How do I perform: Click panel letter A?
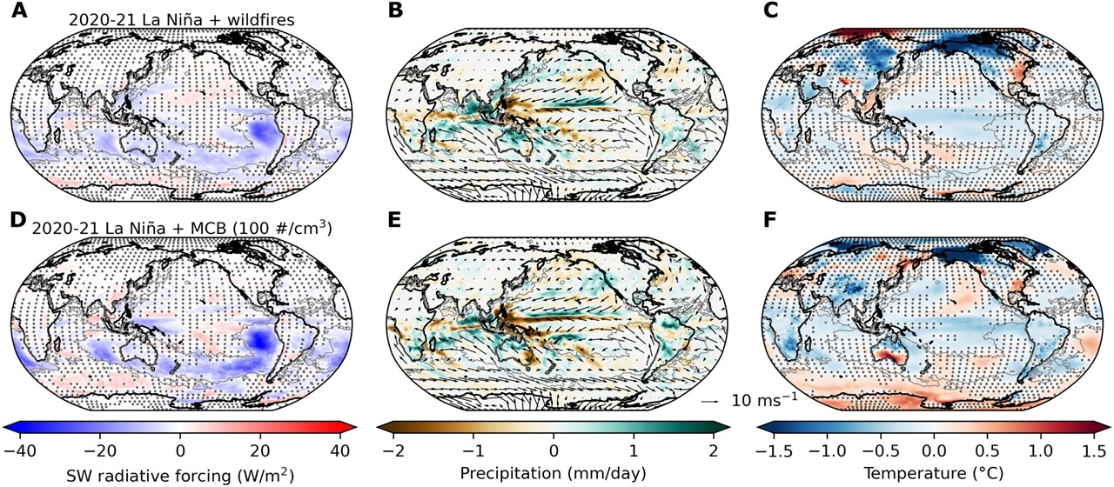point(19,10)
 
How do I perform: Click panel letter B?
point(395,10)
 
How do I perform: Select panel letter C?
point(770,10)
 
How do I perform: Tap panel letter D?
point(18,220)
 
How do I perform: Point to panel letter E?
point(394,220)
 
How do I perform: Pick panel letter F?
point(769,220)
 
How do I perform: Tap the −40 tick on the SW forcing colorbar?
point(20,450)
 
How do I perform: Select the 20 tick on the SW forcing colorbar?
point(260,450)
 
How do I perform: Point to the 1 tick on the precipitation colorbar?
point(634,450)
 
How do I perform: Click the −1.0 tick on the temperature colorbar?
point(827,450)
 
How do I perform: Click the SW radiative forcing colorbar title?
point(179,474)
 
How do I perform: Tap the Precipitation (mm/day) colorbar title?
point(553,473)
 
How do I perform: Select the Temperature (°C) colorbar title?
point(934,473)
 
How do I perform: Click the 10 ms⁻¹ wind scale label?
point(763,399)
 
